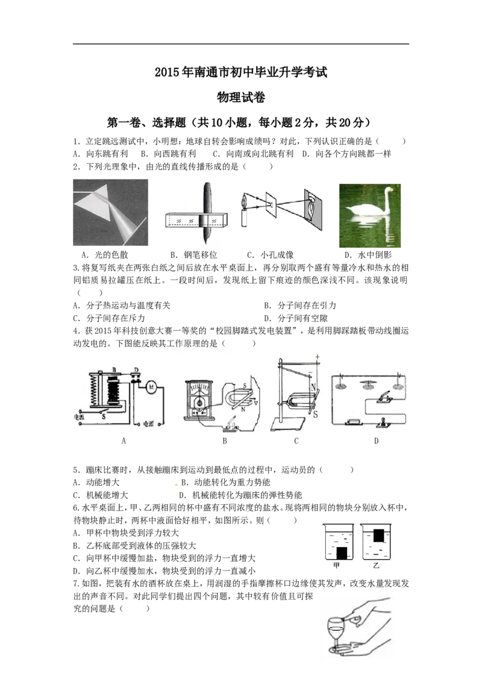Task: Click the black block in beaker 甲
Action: click(x=342, y=553)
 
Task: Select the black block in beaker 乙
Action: click(x=379, y=535)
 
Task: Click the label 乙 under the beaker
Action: click(x=377, y=566)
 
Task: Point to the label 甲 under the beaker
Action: click(x=336, y=566)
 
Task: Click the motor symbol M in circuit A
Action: click(x=151, y=387)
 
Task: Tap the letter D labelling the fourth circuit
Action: click(x=377, y=441)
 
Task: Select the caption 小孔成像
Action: click(x=277, y=255)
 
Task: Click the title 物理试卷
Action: click(x=241, y=97)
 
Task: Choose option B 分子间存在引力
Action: click(x=300, y=305)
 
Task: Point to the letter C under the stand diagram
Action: click(x=296, y=441)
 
